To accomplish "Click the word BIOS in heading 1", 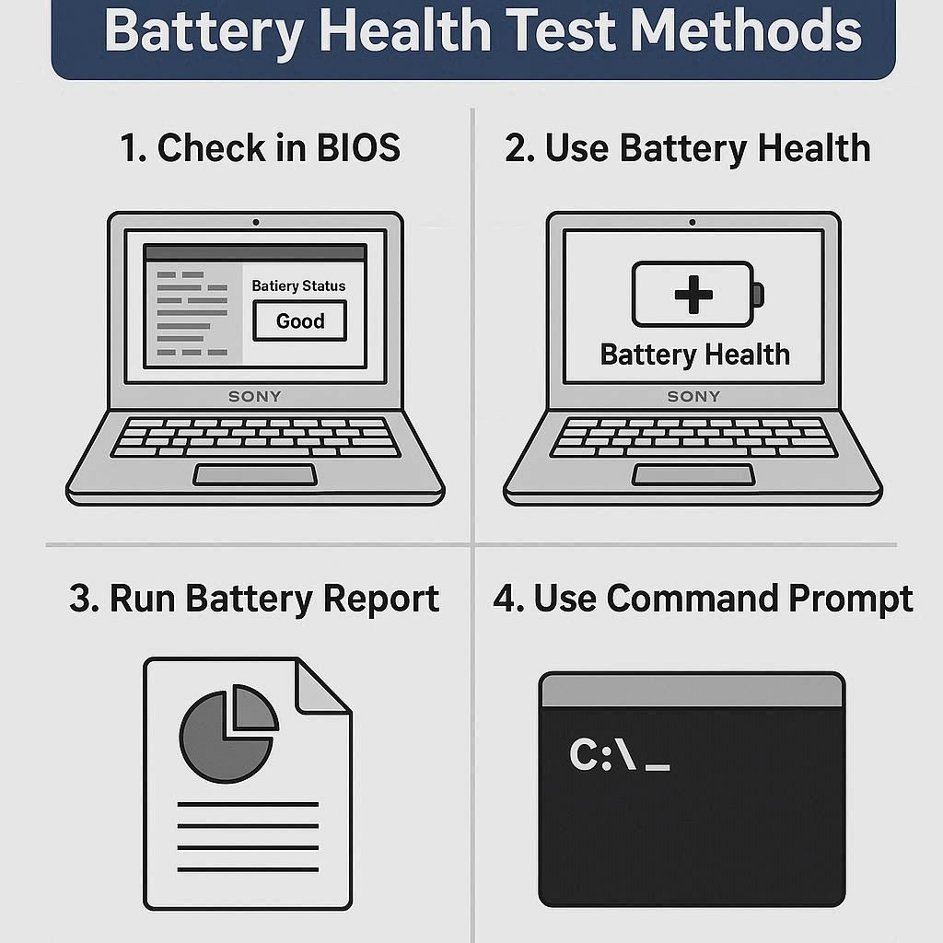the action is click(x=358, y=147).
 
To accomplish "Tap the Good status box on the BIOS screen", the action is click(x=300, y=320).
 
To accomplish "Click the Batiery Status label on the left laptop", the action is click(x=298, y=285).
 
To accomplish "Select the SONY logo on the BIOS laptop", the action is click(x=255, y=396).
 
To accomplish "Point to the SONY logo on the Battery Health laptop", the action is click(x=693, y=396).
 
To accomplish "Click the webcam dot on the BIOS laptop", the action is click(x=256, y=222).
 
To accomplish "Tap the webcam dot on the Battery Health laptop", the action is click(x=693, y=222).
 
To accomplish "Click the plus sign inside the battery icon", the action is click(x=693, y=295).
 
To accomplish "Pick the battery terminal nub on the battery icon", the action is click(x=759, y=295).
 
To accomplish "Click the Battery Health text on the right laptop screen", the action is click(x=694, y=355).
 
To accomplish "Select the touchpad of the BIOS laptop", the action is click(x=255, y=474).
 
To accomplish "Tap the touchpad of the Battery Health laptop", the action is click(x=693, y=474).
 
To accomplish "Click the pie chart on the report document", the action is click(x=228, y=733).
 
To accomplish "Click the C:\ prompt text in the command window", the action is click(x=602, y=753).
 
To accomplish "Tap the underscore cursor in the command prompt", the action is click(x=657, y=767).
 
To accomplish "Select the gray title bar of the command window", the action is click(x=693, y=690).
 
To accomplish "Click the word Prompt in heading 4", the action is click(x=850, y=599).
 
